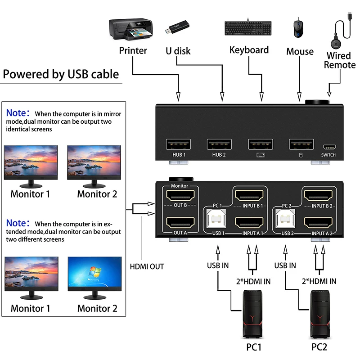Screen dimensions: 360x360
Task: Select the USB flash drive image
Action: coord(179,28)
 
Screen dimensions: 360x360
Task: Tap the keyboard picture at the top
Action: coord(248,28)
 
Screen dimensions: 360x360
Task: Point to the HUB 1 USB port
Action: coord(179,144)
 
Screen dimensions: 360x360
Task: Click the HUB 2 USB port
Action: coord(220,144)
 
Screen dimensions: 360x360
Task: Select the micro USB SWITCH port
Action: coord(328,147)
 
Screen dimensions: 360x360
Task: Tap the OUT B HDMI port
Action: coord(180,195)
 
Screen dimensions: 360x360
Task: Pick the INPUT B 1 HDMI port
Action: coord(249,195)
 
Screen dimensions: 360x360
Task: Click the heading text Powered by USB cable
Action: coord(61,74)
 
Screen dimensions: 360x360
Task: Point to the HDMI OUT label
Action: coord(147,266)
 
